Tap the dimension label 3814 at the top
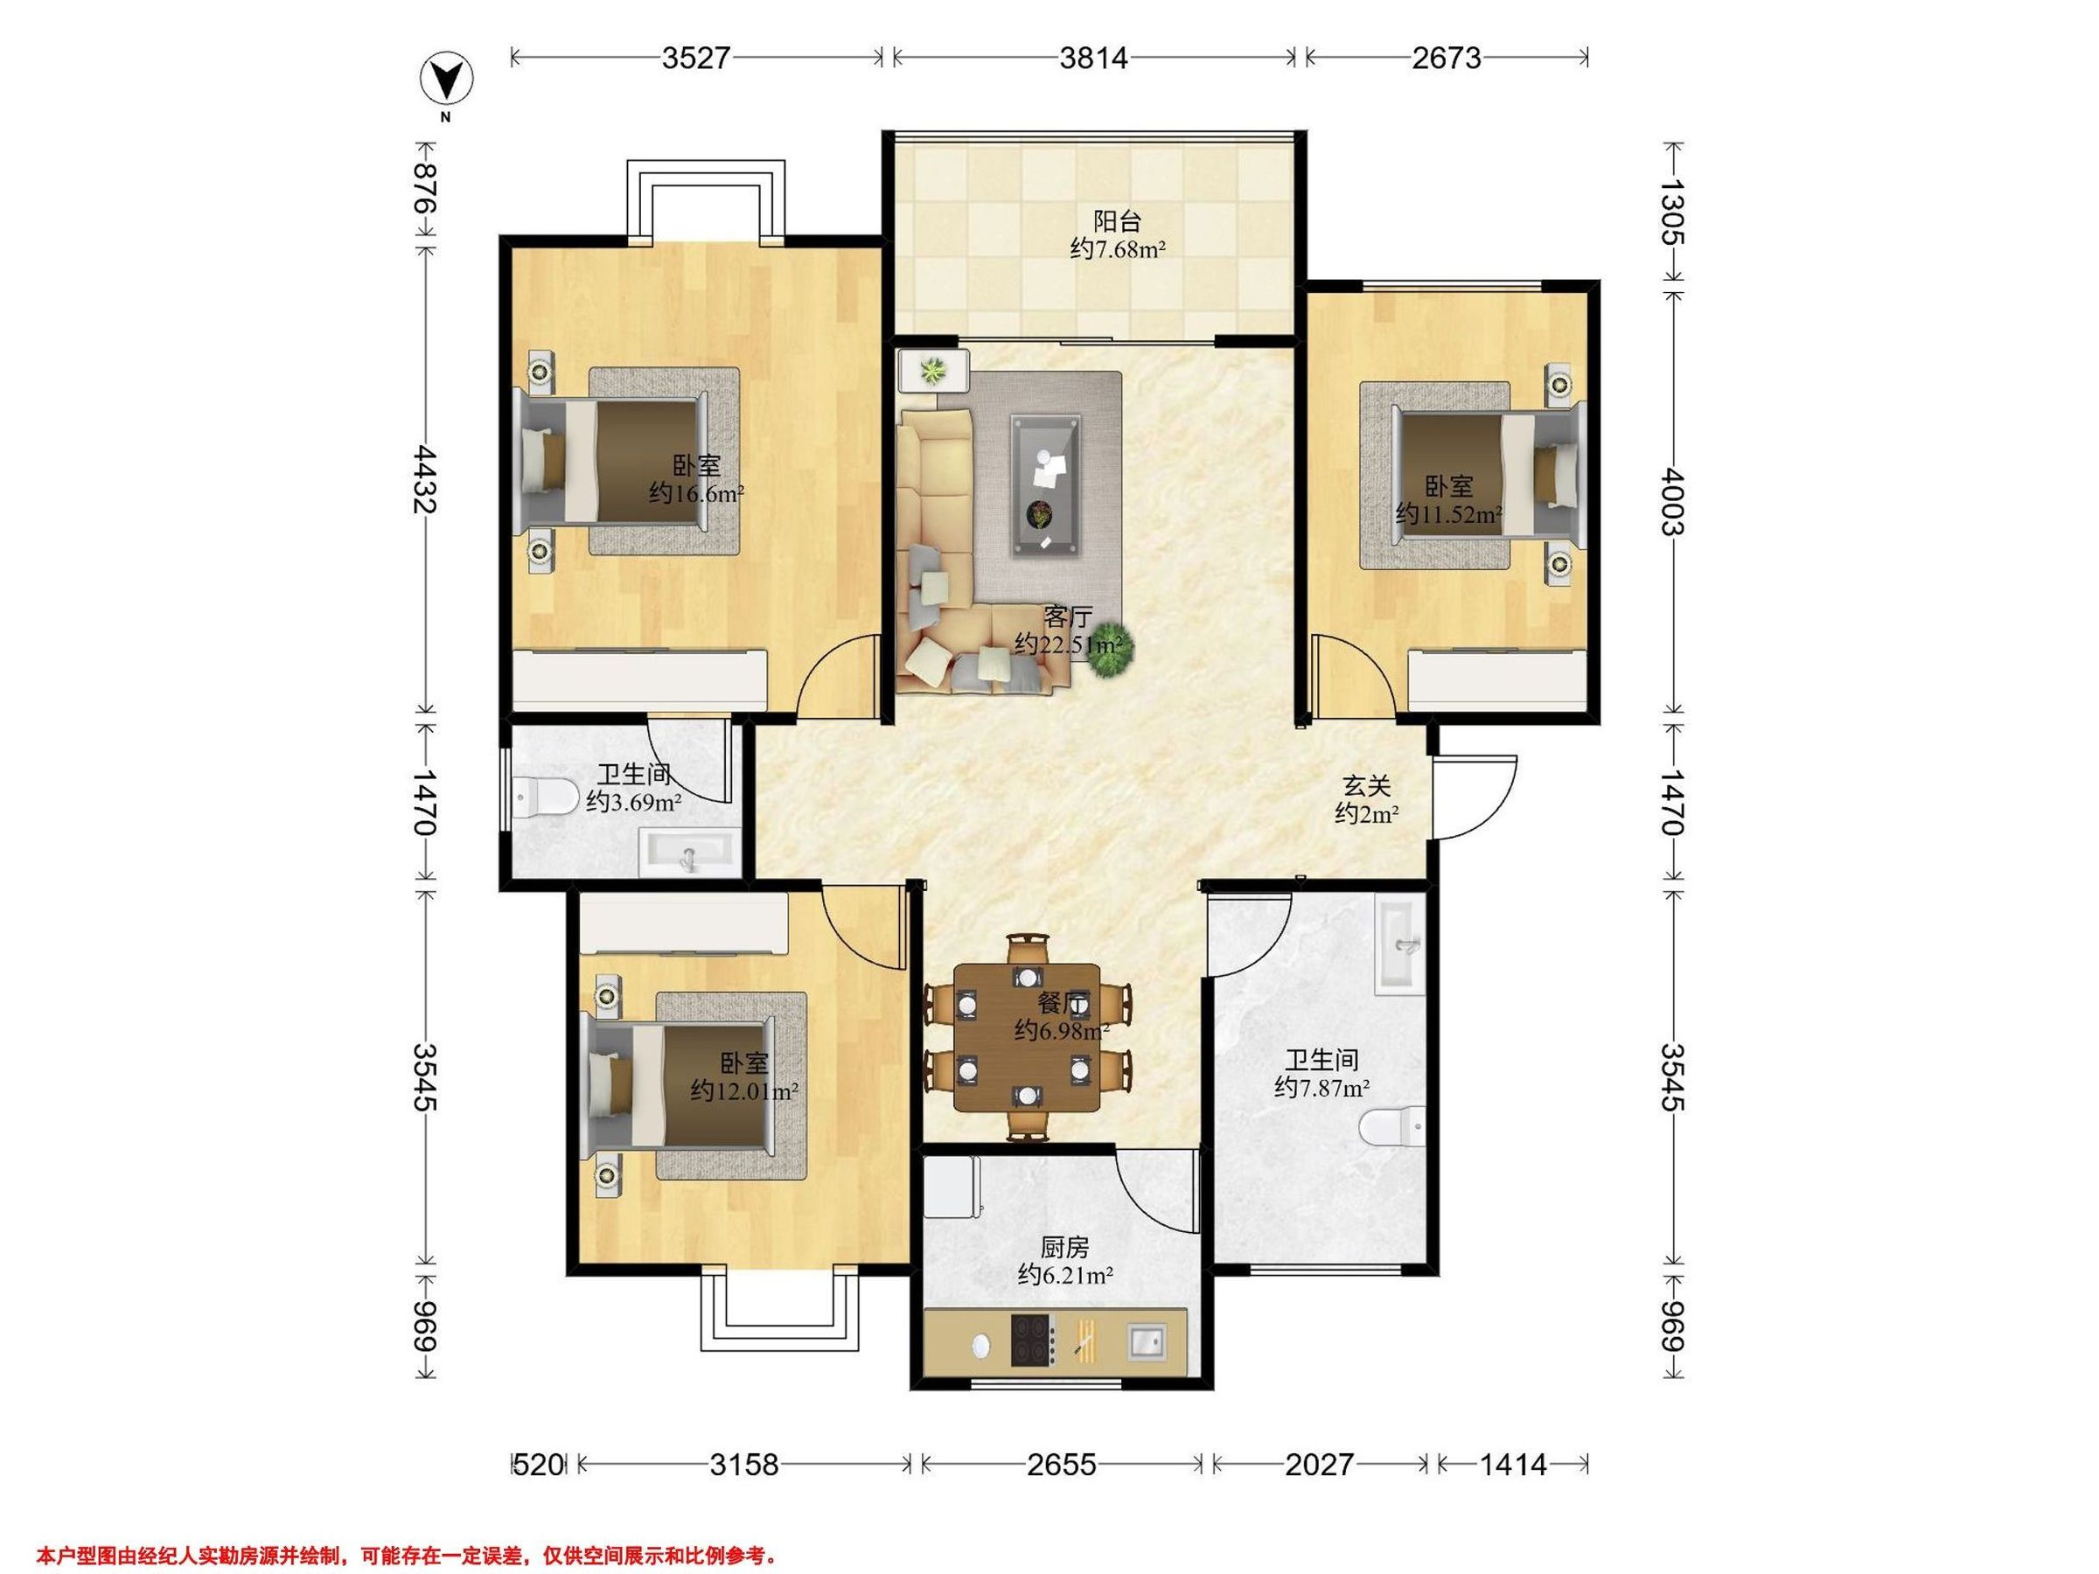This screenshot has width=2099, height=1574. (1094, 59)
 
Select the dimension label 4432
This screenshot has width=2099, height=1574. (424, 480)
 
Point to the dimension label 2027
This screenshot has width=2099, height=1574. (1319, 1465)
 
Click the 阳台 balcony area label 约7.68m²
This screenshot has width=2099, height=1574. (1118, 249)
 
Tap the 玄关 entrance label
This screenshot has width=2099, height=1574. (1366, 785)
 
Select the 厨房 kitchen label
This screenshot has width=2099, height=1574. (1064, 1249)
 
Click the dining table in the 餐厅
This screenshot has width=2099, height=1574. (1028, 1038)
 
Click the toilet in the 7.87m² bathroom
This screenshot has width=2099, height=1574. (1392, 1127)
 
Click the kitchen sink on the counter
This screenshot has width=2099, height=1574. (1147, 1341)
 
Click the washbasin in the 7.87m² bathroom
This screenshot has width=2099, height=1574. (1399, 945)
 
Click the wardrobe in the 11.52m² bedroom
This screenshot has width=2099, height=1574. (1497, 679)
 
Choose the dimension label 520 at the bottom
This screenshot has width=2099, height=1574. (538, 1465)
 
